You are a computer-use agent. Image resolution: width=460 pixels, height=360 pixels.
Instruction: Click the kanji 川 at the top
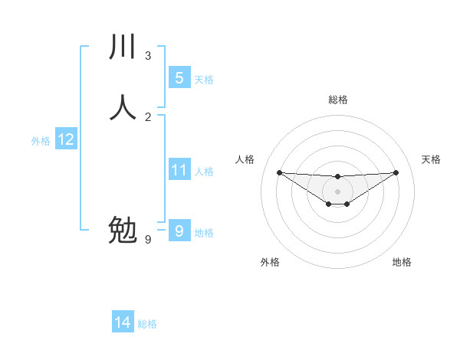point(123,47)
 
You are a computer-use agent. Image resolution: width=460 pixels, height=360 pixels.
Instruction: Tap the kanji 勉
point(123,229)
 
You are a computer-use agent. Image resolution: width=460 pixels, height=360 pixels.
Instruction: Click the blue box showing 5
point(179,78)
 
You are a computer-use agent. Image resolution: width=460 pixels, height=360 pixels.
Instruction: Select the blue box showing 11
point(179,170)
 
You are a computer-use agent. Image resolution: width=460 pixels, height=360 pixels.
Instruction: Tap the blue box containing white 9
point(179,231)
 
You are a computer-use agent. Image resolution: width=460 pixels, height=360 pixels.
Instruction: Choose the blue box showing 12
point(65,139)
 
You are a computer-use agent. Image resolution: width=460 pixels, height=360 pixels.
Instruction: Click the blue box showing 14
point(123,323)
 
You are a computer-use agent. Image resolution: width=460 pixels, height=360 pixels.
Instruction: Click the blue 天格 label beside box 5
point(204,80)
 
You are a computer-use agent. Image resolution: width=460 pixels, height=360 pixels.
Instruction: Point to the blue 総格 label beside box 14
point(147,324)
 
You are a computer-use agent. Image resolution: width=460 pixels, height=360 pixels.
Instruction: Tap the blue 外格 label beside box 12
point(41,141)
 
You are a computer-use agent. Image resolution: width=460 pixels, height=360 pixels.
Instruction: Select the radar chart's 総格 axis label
point(337,100)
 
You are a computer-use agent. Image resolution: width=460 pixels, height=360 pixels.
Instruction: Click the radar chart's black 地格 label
point(402,262)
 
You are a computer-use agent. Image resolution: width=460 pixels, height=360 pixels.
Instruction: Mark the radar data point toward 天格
point(396,172)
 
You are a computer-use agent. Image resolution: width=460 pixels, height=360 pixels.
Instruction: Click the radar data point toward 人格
point(279,172)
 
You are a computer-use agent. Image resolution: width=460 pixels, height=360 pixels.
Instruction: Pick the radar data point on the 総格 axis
point(337,177)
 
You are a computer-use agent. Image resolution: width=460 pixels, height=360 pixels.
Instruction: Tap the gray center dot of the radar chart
point(337,191)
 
